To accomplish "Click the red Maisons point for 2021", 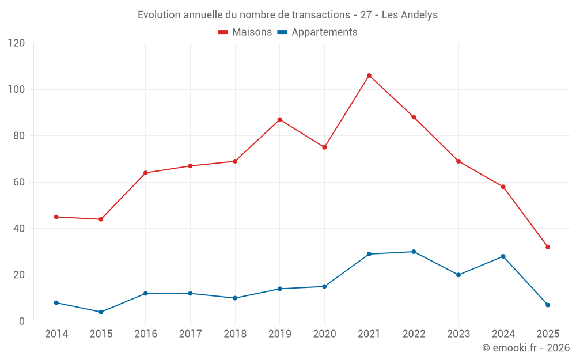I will tap(369, 75).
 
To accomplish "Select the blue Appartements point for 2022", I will tap(414, 252).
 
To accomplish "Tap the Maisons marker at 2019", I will tap(279, 120).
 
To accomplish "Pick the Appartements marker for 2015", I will tap(101, 312).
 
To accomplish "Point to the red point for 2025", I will tap(548, 247).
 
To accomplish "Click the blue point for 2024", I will tap(503, 256).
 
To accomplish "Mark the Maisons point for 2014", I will tap(56, 217).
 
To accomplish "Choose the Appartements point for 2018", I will tap(235, 298).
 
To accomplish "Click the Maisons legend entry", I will tap(245, 32).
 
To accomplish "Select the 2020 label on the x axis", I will tap(324, 334).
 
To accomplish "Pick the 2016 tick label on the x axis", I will tap(145, 334).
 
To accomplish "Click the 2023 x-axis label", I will tap(458, 334).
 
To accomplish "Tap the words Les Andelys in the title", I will tap(410, 15).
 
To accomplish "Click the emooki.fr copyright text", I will tap(525, 348).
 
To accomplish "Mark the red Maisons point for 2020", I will tap(324, 147).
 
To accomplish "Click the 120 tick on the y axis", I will tap(17, 43).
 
